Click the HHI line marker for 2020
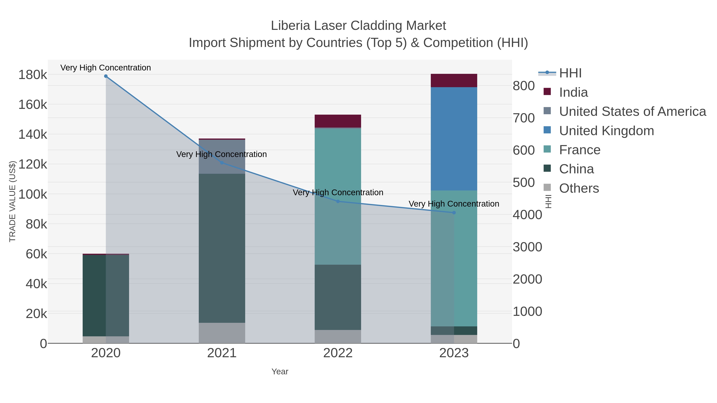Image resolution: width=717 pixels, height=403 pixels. (106, 76)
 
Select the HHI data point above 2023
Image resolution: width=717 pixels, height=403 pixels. (454, 213)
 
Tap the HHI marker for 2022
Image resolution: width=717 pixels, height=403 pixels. (338, 201)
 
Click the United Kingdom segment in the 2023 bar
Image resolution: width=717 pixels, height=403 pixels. (454, 139)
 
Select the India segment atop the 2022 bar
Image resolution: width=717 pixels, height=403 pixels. (338, 121)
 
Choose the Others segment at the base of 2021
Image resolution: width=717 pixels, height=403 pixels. (222, 333)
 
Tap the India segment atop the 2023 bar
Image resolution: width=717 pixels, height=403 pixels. (454, 81)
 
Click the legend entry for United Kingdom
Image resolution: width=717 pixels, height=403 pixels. (606, 131)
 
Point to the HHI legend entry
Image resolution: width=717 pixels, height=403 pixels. (570, 73)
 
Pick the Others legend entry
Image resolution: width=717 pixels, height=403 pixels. (579, 188)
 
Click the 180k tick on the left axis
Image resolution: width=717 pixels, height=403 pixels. (33, 75)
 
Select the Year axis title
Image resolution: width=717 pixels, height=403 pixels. (280, 372)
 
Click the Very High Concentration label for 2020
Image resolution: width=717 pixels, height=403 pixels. (106, 68)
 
